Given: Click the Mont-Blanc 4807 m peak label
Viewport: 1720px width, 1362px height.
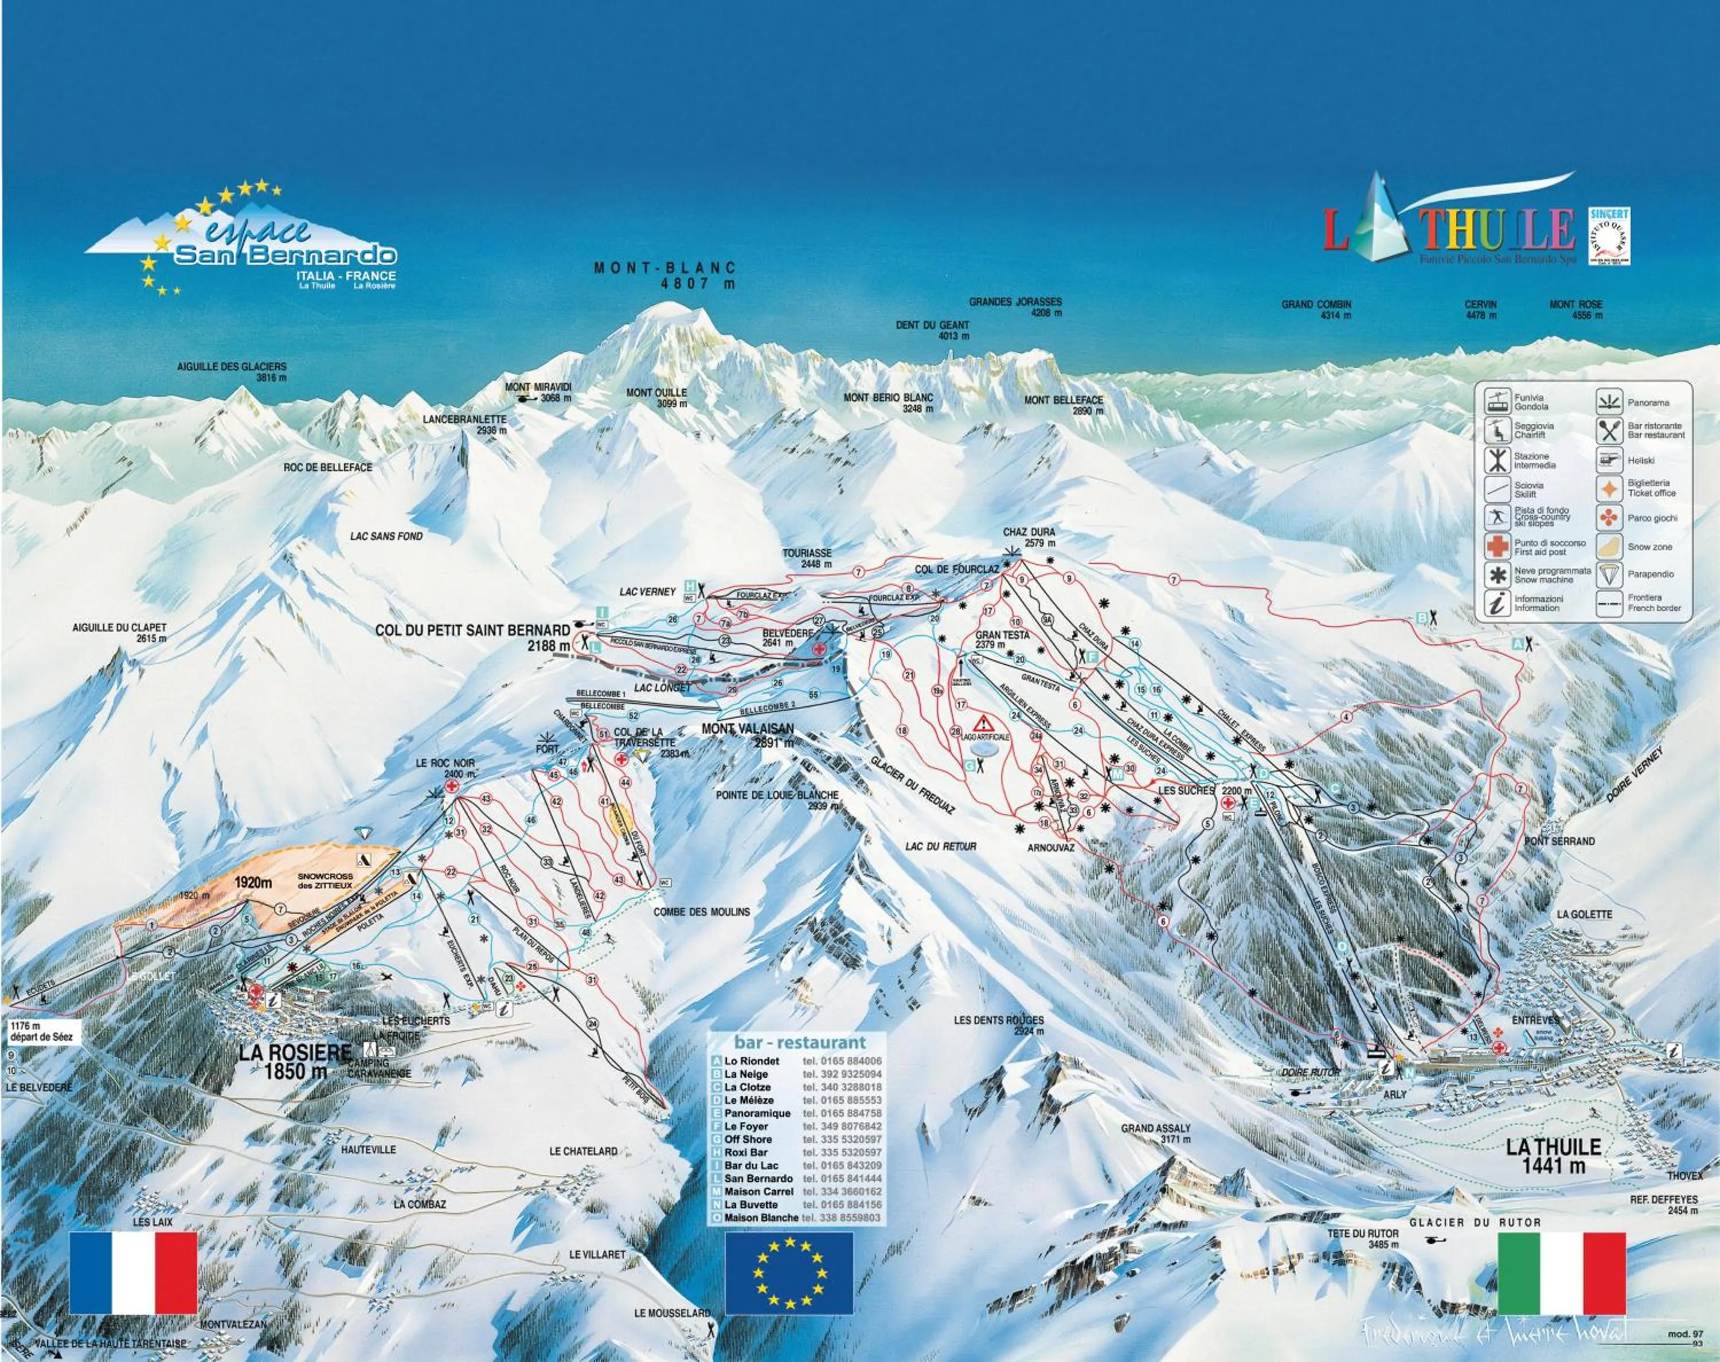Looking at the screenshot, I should click(x=664, y=275).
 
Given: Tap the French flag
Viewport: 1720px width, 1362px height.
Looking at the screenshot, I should click(x=133, y=1272).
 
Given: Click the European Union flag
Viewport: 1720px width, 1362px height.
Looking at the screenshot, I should click(x=789, y=1273).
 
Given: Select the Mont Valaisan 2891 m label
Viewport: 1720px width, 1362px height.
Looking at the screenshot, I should click(x=748, y=734).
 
